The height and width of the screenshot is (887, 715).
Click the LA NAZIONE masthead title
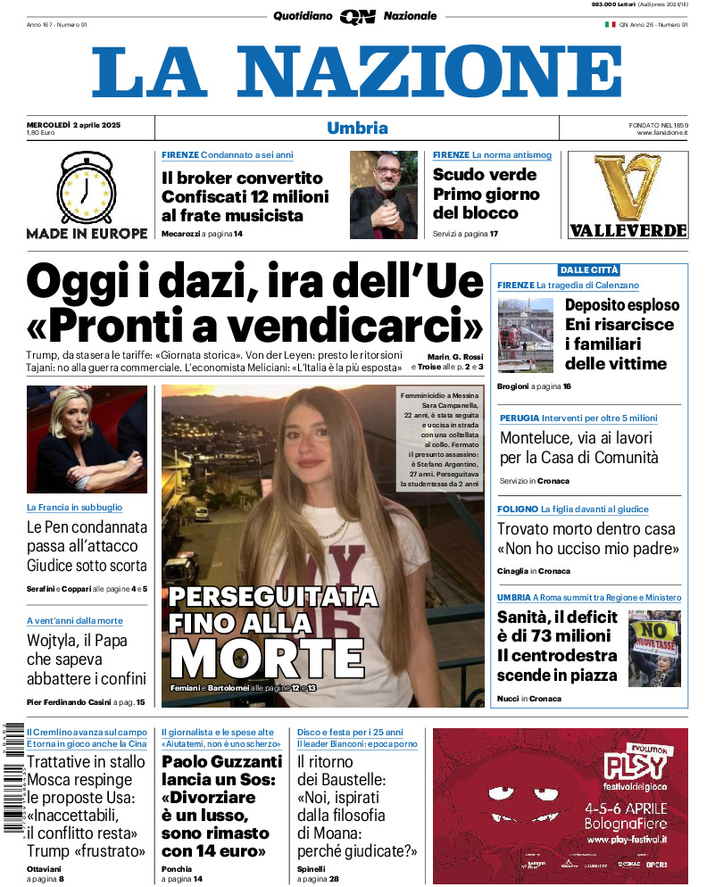(357, 71)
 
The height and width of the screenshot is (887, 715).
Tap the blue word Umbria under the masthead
(357, 128)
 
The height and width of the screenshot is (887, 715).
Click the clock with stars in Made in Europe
(86, 187)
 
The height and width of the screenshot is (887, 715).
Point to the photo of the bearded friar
(383, 195)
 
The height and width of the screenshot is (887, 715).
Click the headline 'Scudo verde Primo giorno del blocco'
(486, 194)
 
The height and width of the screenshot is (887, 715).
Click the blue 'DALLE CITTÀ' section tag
(589, 269)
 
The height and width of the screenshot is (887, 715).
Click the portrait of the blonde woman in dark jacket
(87, 439)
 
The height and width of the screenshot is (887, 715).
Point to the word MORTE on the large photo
(267, 659)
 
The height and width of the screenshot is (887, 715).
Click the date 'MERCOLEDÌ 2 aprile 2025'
(73, 124)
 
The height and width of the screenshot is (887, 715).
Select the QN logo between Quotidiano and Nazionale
(357, 16)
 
